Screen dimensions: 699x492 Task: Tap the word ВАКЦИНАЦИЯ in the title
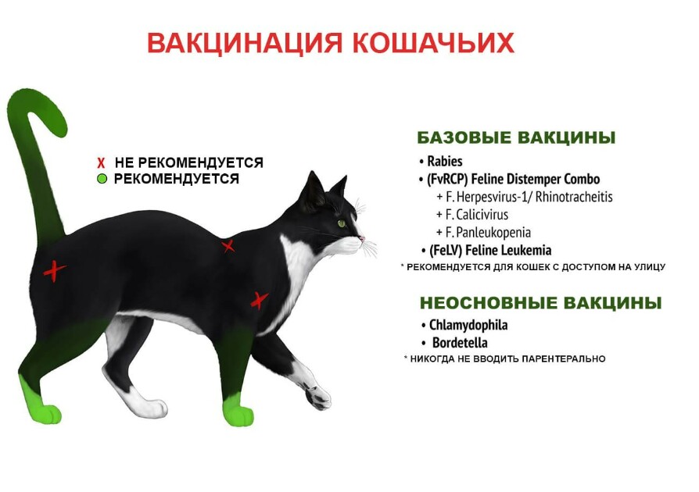[x=245, y=43]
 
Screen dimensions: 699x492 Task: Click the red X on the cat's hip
[x=55, y=271]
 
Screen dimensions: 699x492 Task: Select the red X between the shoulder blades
[x=228, y=246]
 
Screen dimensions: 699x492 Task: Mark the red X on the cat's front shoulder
[x=259, y=301]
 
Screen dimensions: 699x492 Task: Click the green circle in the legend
[x=102, y=179]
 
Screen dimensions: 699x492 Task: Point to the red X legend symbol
[x=101, y=163]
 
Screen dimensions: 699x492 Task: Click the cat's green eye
[x=342, y=223]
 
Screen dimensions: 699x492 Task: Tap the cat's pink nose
[x=363, y=239]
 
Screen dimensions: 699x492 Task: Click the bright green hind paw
[x=40, y=405]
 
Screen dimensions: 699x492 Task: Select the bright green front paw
[x=238, y=412]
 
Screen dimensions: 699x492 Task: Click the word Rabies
[x=444, y=161]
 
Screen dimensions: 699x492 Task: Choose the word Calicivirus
[x=482, y=215]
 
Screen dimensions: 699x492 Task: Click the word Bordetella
[x=460, y=343]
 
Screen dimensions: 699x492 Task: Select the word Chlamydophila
[x=468, y=325]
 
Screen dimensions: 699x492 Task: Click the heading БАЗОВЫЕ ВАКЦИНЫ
[x=516, y=137]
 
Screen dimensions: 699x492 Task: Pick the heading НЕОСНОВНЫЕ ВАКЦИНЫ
[x=541, y=303]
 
